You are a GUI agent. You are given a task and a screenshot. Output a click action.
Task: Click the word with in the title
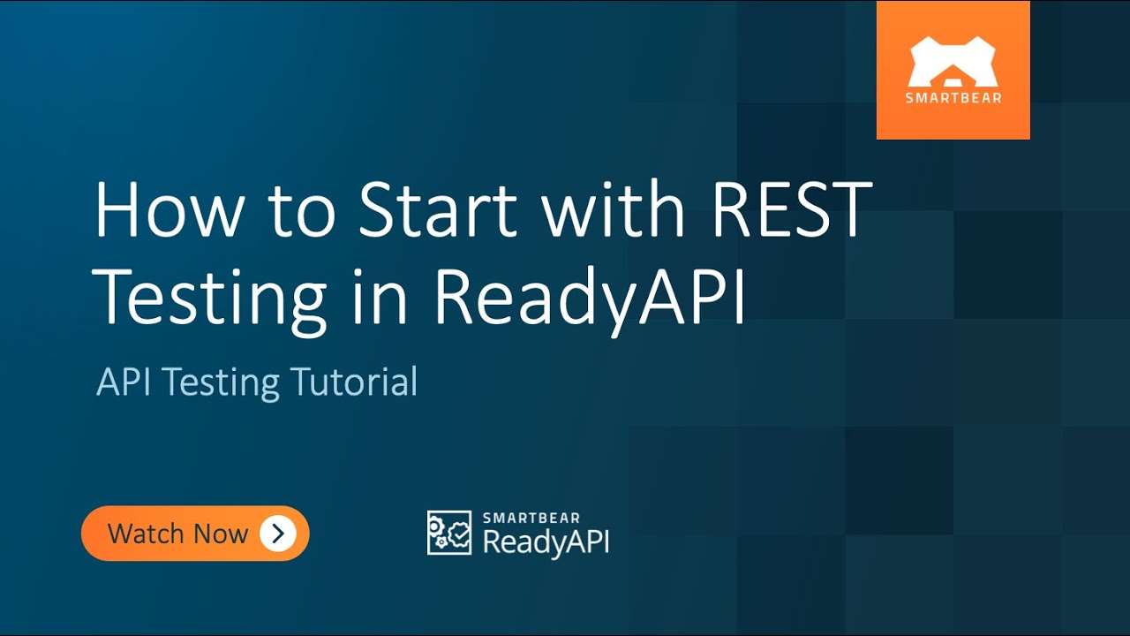[614, 211]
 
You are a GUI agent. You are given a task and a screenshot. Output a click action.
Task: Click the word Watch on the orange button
[147, 534]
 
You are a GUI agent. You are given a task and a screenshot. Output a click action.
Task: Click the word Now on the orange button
[221, 534]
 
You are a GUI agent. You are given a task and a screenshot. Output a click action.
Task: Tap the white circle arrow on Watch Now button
[277, 534]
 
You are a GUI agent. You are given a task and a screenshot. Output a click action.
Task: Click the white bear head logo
[953, 62]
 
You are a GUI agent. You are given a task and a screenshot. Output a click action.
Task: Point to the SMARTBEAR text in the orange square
[953, 98]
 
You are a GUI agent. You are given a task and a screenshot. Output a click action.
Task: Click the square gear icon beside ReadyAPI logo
[449, 533]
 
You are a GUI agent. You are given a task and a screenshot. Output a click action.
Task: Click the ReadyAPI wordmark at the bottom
[546, 541]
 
